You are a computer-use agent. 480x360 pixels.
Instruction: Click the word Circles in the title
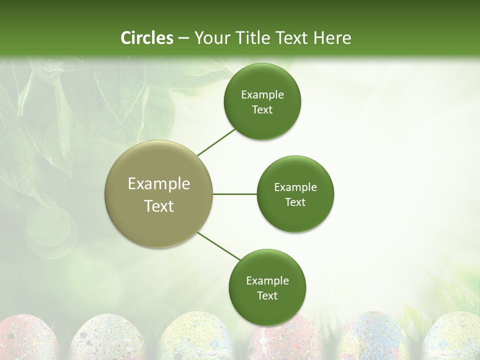click(x=146, y=37)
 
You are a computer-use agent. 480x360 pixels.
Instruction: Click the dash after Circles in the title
click(x=183, y=38)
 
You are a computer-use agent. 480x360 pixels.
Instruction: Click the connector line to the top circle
click(x=216, y=142)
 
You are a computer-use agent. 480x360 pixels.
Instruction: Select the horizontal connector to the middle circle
click(x=234, y=194)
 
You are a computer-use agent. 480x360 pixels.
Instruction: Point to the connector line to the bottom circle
click(x=219, y=246)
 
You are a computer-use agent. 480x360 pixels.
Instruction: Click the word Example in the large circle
click(x=159, y=184)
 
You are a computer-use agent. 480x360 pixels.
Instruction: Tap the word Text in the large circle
click(x=159, y=206)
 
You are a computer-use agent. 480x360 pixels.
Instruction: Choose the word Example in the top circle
click(x=262, y=95)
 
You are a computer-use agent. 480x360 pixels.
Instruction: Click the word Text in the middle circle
click(x=295, y=202)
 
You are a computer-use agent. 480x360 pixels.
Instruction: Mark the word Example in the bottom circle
click(x=267, y=280)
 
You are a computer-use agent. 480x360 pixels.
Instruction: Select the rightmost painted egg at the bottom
click(x=452, y=340)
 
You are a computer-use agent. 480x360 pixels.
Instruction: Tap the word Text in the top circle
click(x=262, y=110)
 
